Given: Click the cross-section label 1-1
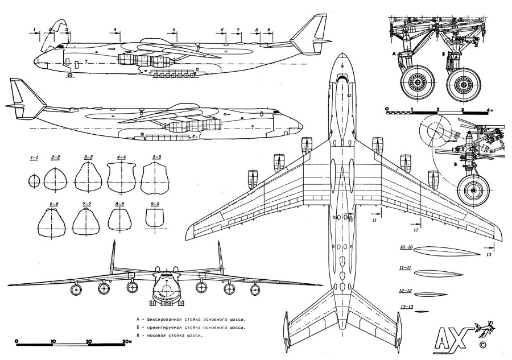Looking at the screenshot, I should [x=34, y=157].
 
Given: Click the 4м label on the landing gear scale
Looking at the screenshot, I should [x=489, y=109].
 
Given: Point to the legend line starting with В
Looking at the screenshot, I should [x=171, y=336].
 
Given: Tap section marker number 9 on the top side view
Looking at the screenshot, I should [x=268, y=29].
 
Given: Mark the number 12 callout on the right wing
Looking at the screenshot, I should [x=415, y=230].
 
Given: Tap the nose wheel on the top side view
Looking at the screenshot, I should [x=69, y=75].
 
